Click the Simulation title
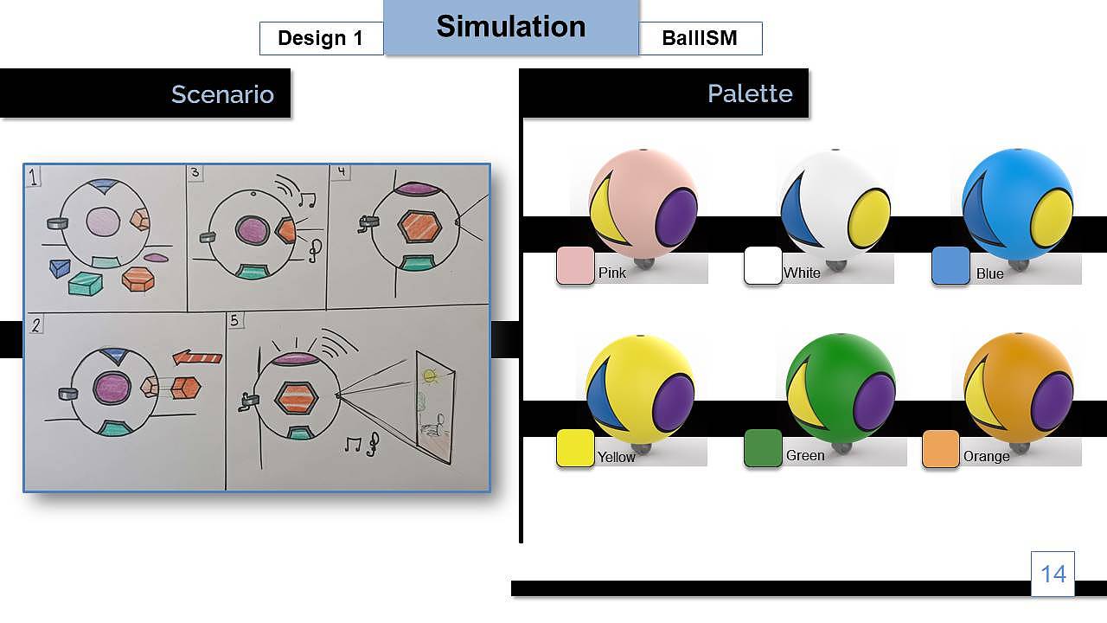[511, 27]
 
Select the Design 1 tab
[321, 38]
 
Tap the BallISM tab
[701, 38]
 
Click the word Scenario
[222, 94]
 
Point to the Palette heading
[750, 93]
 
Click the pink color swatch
[575, 266]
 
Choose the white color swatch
[763, 266]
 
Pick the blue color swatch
[950, 266]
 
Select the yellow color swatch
[575, 448]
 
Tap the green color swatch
[763, 448]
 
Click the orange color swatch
[941, 448]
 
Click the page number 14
[1053, 575]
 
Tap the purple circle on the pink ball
[676, 217]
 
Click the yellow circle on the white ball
[869, 219]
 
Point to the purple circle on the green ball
[875, 402]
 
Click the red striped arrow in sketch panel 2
[197, 357]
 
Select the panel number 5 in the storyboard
[234, 320]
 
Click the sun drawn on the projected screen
[430, 376]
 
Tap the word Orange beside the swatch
[987, 456]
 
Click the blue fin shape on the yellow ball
[602, 395]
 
